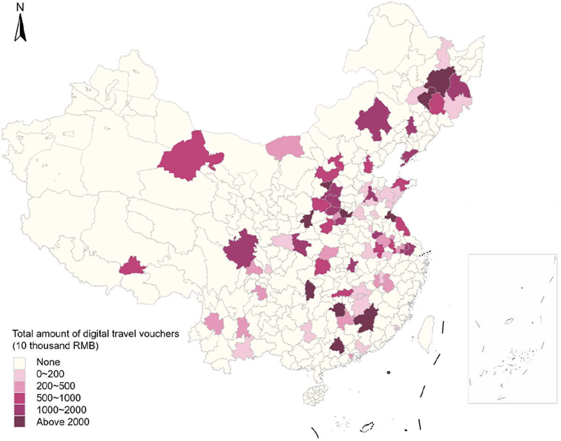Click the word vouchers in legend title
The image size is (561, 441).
tap(162, 334)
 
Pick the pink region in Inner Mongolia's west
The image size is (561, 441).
tap(284, 147)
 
